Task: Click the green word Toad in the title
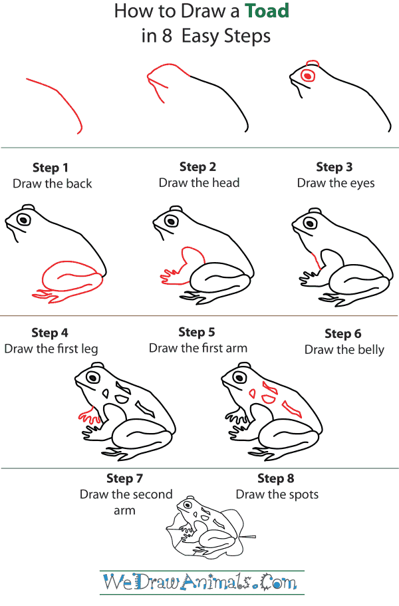[x=267, y=11]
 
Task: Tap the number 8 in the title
[x=166, y=37]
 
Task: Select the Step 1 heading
[x=51, y=168]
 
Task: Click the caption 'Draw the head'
[x=199, y=183]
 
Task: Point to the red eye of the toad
[x=308, y=76]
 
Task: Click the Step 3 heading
[x=334, y=167]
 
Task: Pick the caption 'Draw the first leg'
[x=51, y=349]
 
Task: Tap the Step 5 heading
[x=197, y=332]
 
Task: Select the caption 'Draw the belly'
[x=344, y=350]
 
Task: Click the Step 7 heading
[x=125, y=478]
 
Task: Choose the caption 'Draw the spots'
[x=277, y=495]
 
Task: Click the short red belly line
[x=316, y=260]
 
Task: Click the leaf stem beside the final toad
[x=247, y=537]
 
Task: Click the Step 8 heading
[x=276, y=478]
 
